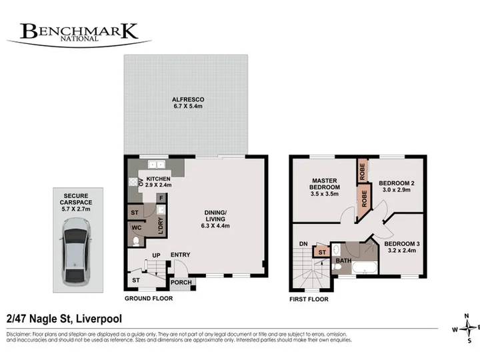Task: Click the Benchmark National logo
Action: (79, 35)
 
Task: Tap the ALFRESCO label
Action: (188, 99)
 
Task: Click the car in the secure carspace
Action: (76, 251)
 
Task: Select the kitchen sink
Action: (157, 165)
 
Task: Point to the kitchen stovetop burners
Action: (133, 182)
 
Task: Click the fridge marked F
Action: (161, 198)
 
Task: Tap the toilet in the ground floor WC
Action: (136, 242)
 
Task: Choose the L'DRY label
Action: (161, 226)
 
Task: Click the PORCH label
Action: (181, 283)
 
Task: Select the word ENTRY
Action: (180, 255)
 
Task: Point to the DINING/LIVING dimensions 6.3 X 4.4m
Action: (215, 226)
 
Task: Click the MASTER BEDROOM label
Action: (325, 184)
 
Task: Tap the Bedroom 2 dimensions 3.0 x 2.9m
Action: (397, 190)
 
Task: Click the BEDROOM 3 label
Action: (402, 244)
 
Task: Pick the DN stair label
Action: (303, 244)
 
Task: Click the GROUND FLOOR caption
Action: (149, 299)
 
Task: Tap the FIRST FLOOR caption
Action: (309, 299)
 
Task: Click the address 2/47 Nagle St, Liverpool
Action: (64, 319)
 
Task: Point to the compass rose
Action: (467, 329)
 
